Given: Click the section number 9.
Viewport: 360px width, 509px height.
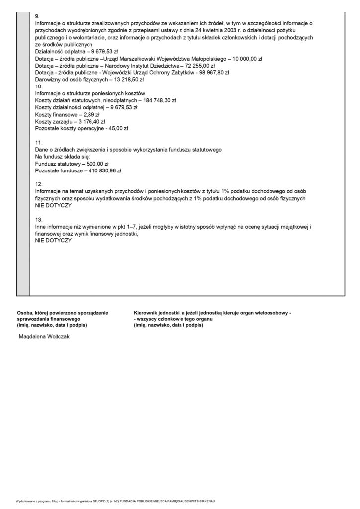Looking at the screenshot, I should point(38,16).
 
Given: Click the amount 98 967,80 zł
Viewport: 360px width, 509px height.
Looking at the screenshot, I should point(211,72).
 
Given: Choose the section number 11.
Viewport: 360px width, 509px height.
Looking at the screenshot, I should point(39,143).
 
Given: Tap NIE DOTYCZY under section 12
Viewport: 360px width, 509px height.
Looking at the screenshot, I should point(54,205).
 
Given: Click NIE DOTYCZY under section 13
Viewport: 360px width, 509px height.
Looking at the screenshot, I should point(54,240).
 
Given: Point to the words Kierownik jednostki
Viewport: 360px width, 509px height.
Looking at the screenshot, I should point(158,313).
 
